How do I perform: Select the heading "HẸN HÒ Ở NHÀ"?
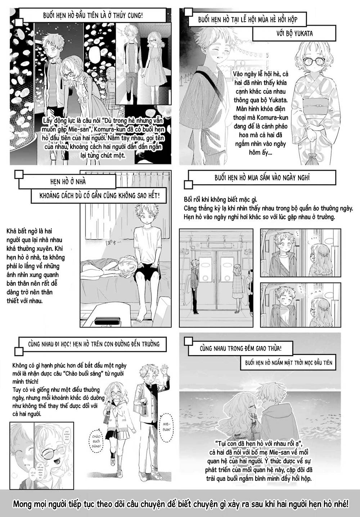coord(68,182)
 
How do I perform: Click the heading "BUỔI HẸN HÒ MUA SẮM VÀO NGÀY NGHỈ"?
coord(262,178)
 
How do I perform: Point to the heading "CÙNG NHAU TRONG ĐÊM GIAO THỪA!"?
coord(241,349)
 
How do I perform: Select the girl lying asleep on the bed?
coord(108,265)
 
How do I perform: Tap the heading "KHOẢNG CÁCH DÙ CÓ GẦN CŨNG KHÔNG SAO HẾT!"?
coord(100,197)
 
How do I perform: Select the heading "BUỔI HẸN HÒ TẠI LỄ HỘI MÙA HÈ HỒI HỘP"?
coord(248,20)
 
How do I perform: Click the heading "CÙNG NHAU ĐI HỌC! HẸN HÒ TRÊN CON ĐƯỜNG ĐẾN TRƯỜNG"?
coord(94,344)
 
